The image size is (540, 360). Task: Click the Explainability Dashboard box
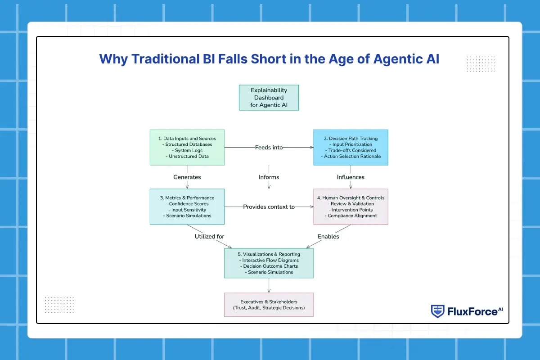(x=269, y=98)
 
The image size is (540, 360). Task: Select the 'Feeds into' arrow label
(x=269, y=147)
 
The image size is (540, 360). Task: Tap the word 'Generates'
(x=187, y=177)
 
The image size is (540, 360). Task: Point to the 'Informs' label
(x=269, y=177)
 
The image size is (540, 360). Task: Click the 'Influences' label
(x=351, y=177)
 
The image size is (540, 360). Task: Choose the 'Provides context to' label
(x=269, y=207)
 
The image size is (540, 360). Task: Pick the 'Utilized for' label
(x=209, y=236)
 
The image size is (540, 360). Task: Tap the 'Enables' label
(x=328, y=236)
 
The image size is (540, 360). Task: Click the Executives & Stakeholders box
(x=269, y=305)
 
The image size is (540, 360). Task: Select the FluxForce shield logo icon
(x=437, y=311)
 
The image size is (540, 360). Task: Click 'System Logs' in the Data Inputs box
(x=187, y=150)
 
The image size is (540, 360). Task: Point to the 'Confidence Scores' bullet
(x=187, y=204)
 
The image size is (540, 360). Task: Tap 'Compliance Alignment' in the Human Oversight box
(x=351, y=216)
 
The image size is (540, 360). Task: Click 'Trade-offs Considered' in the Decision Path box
(x=351, y=150)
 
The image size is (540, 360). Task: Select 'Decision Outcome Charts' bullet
(x=269, y=266)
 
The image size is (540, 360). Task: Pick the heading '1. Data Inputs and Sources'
(x=187, y=138)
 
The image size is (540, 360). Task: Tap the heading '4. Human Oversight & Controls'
(x=351, y=198)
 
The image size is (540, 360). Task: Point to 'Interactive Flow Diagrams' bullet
(x=269, y=260)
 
